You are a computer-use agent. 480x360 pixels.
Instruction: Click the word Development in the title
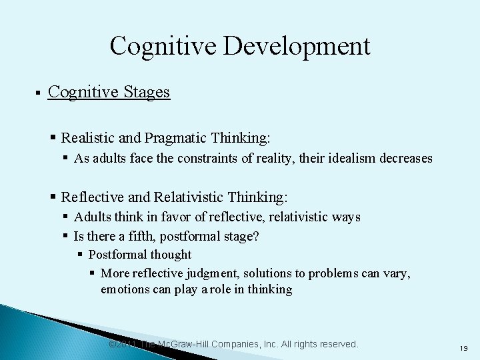307,47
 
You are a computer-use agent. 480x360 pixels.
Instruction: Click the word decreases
406,159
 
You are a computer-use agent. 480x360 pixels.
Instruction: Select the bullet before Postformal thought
80,255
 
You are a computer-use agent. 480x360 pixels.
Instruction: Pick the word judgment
209,274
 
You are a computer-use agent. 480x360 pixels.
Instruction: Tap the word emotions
123,289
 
